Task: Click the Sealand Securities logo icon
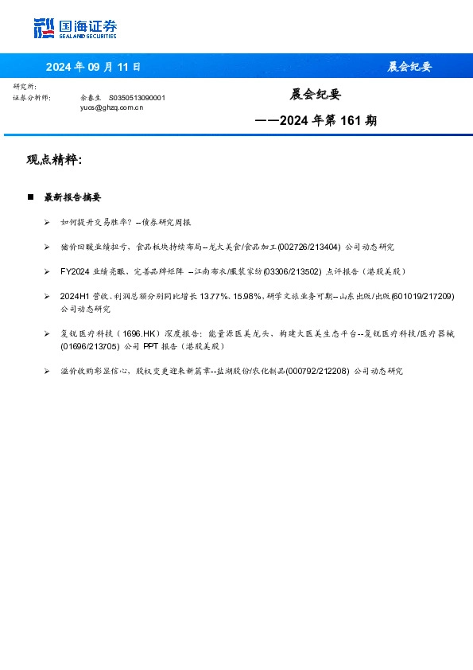tap(44, 28)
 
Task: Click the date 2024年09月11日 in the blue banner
tap(93, 67)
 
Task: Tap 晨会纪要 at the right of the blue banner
tap(409, 67)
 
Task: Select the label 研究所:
tap(25, 87)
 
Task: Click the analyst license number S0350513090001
tap(137, 97)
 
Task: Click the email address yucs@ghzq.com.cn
tap(112, 107)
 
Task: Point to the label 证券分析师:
tap(32, 97)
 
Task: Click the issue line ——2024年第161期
tap(316, 121)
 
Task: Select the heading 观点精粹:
tap(54, 160)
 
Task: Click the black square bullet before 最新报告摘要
tap(30, 197)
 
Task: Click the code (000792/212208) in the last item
tap(316, 371)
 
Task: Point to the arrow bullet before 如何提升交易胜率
tap(48, 223)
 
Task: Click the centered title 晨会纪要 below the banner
tap(316, 95)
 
